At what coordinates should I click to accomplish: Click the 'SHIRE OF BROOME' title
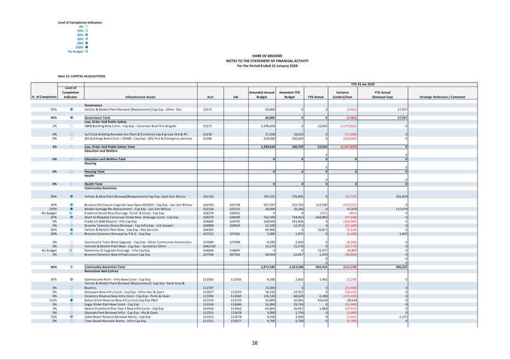[267, 56]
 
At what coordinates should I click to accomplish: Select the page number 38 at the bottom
[255, 343]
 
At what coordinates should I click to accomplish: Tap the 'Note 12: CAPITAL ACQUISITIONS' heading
[81, 76]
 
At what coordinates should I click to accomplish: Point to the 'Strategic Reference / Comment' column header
[442, 97]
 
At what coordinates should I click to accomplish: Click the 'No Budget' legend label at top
[75, 51]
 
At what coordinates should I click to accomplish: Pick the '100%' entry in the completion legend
[79, 47]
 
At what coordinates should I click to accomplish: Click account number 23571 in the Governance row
[207, 110]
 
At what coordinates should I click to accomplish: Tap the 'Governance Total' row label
[98, 118]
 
